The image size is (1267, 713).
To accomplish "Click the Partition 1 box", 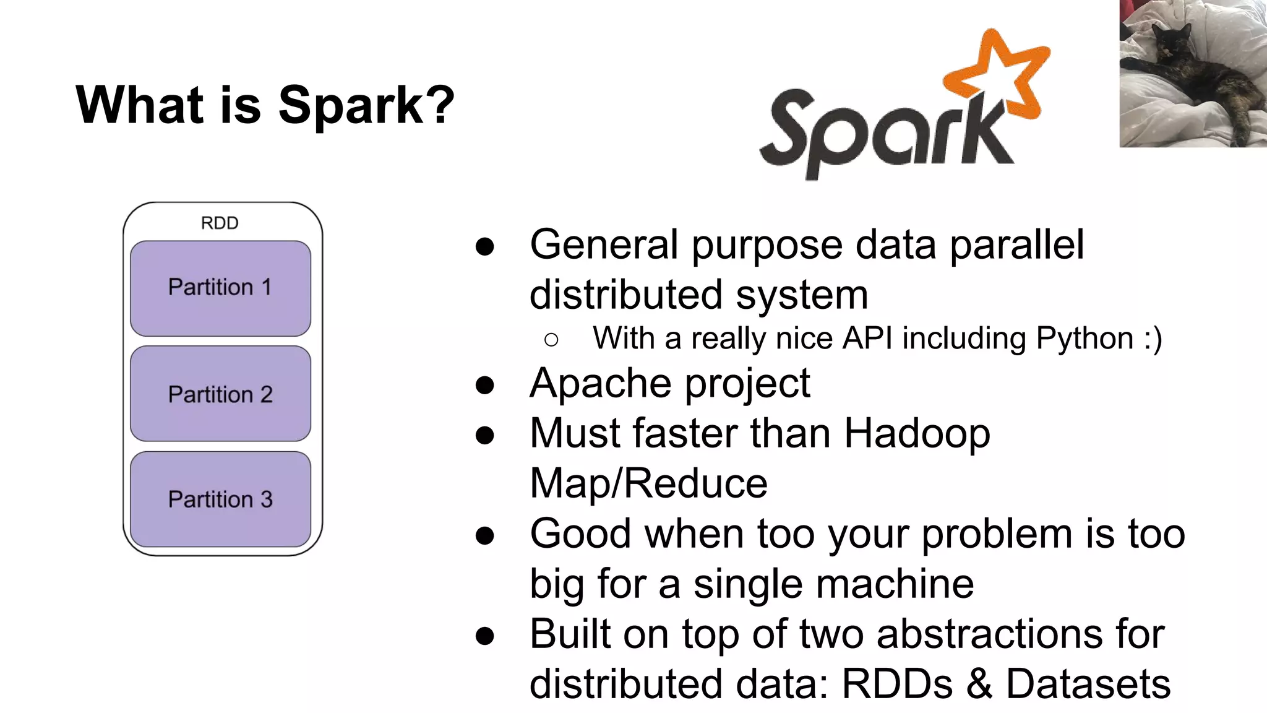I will [220, 288].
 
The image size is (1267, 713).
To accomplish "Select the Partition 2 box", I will [220, 394].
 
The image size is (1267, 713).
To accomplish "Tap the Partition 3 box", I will [220, 499].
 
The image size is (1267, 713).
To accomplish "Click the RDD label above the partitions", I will [220, 223].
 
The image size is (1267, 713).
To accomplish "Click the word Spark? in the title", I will [366, 105].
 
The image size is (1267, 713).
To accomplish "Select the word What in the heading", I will [140, 105].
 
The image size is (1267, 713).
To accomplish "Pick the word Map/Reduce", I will [648, 483].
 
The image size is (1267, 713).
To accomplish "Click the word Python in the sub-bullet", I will [1084, 339].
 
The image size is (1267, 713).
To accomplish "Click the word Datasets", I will [1088, 684].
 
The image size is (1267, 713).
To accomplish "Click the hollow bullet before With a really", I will [551, 339].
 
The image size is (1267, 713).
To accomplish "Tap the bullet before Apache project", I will [485, 385].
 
